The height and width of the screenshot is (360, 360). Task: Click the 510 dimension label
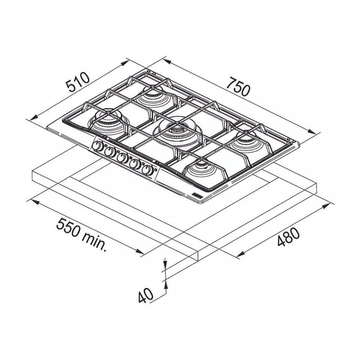[77, 82]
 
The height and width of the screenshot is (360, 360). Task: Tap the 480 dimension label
[288, 237]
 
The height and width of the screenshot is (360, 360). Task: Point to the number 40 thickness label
[145, 295]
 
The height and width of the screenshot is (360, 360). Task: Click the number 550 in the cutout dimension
[68, 228]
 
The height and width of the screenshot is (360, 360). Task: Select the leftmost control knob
[98, 147]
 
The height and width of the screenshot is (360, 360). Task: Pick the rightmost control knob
[147, 170]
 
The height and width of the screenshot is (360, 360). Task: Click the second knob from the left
[110, 152]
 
